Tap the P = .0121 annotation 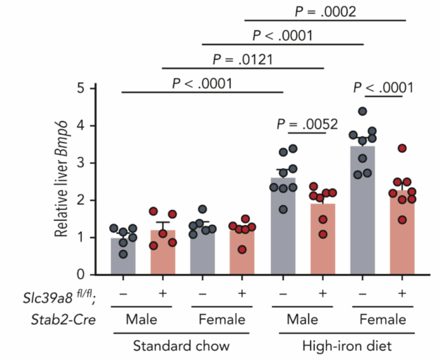[243, 59]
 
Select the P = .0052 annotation [308, 125]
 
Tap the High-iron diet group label [342, 344]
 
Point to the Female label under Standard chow [222, 319]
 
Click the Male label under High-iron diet [302, 319]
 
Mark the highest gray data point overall [362, 112]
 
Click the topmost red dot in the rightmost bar [402, 149]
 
